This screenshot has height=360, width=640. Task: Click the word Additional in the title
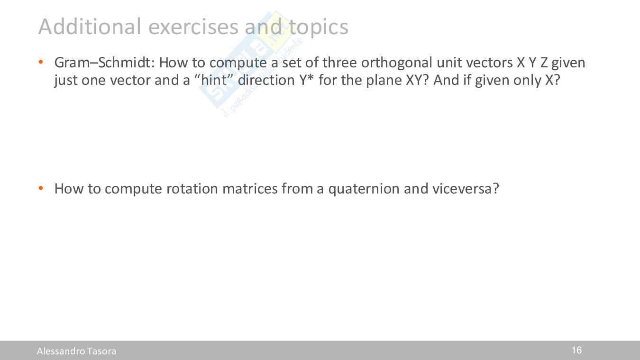(90, 27)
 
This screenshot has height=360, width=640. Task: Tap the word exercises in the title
(193, 27)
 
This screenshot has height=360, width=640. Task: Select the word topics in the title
(319, 27)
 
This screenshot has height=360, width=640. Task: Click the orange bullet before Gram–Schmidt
(41, 62)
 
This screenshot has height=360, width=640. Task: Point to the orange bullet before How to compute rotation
(41, 188)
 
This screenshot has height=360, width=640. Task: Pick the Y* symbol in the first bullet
(307, 79)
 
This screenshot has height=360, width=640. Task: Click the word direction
(266, 80)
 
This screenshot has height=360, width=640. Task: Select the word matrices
(250, 188)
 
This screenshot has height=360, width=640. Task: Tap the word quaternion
(364, 189)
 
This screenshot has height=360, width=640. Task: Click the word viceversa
(462, 188)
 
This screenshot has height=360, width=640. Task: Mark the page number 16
(576, 351)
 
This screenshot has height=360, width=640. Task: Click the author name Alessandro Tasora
(77, 351)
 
